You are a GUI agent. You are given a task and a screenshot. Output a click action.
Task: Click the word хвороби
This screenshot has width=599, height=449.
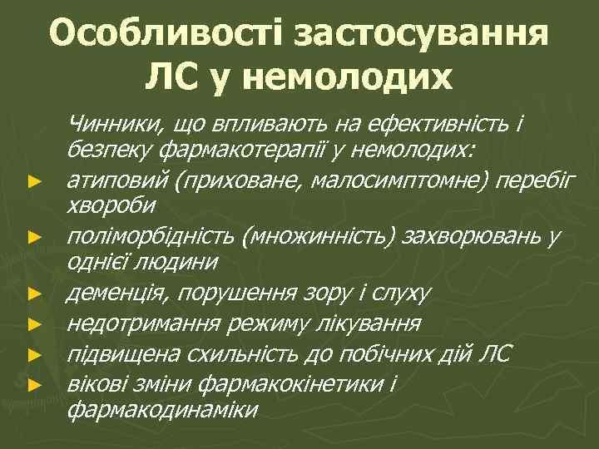point(104,205)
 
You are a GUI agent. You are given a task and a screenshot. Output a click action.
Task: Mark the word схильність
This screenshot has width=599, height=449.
point(242,355)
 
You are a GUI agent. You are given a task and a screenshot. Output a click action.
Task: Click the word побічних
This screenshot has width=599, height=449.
point(391,355)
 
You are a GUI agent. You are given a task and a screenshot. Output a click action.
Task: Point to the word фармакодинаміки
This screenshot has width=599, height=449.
point(163,410)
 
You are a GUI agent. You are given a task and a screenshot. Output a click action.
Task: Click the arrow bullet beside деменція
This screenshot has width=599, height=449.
point(33,294)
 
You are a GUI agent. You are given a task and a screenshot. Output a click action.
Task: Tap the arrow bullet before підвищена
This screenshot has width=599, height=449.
point(33,355)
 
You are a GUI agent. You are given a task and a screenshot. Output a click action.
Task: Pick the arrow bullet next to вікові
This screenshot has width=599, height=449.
point(33,384)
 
